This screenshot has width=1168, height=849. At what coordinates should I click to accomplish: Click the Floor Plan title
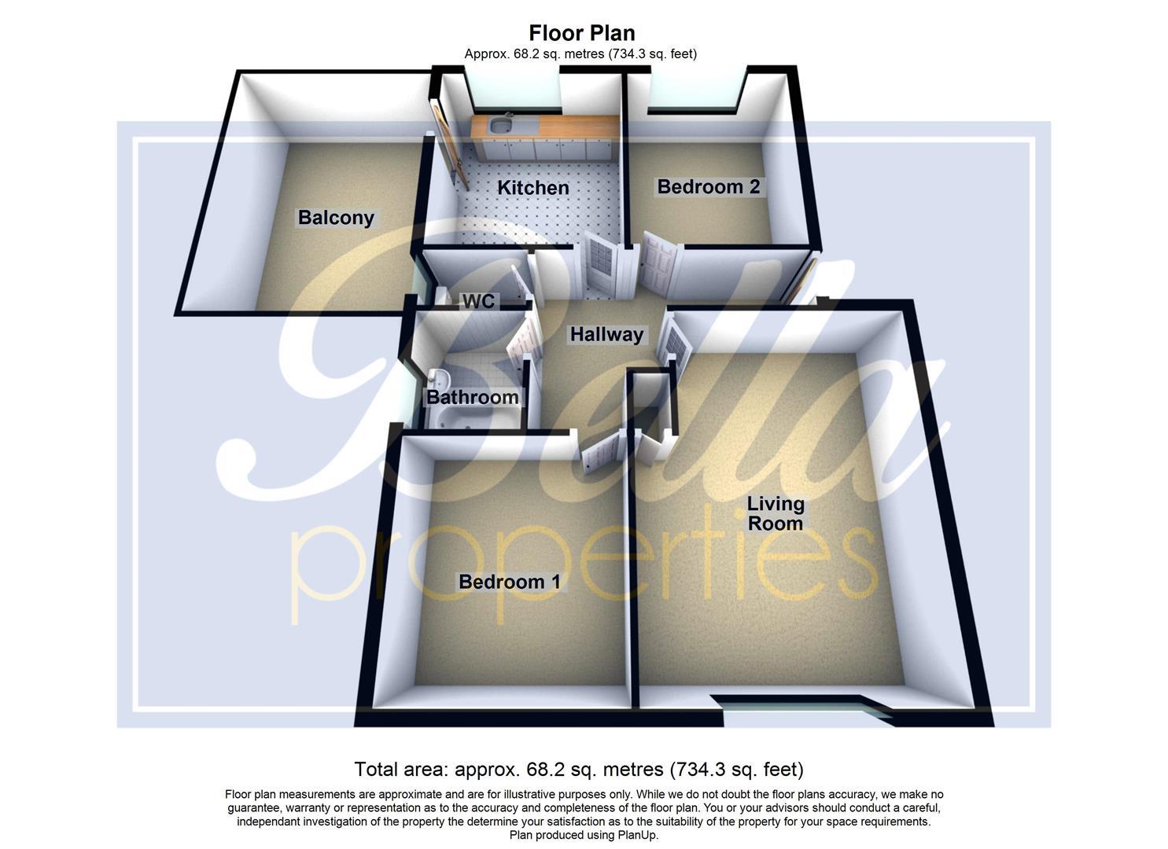coord(581,33)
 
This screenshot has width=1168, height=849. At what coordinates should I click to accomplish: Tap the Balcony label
coord(336,218)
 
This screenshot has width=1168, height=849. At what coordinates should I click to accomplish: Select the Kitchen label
coord(533,188)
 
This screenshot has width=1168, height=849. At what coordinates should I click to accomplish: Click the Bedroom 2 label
coord(708,186)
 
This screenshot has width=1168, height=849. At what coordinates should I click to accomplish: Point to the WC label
coord(478,301)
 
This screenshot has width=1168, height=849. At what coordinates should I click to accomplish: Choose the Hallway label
coord(606,334)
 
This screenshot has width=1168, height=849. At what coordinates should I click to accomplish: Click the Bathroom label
coord(472,397)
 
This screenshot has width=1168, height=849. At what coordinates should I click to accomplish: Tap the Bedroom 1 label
coord(510,582)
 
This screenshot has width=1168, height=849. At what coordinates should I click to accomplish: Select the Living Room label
coord(776,513)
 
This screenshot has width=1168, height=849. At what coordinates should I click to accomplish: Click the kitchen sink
coord(499,124)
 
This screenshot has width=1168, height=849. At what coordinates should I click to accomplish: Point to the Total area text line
coord(578,769)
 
